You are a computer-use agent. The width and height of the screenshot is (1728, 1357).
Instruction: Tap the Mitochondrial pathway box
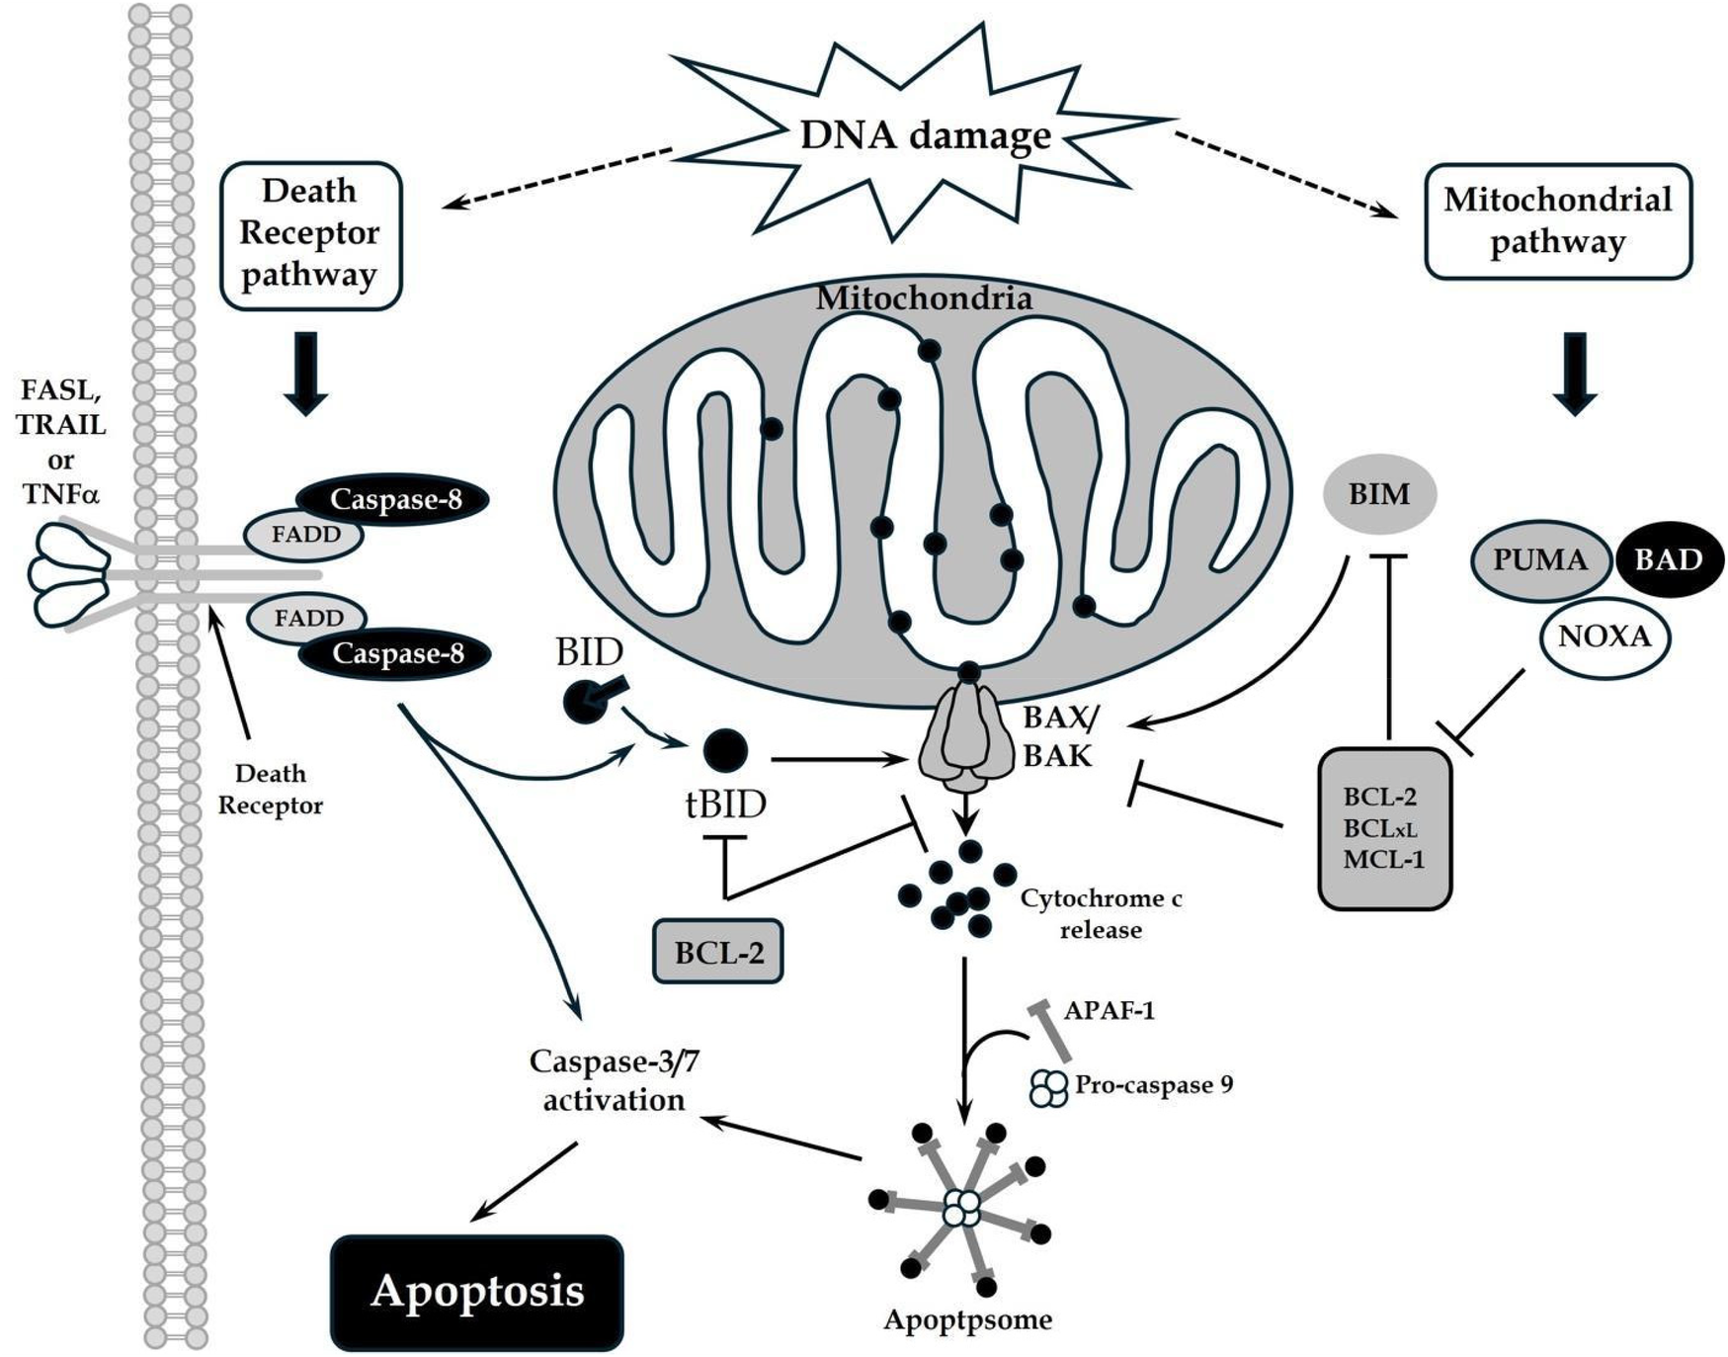tap(1557, 221)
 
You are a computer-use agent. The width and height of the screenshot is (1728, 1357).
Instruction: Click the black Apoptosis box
tap(477, 1291)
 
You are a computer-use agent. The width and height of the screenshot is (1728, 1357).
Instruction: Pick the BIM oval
tap(1379, 494)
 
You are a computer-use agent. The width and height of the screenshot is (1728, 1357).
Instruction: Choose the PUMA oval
tap(1540, 560)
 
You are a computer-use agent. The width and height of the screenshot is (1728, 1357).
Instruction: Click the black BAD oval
tap(1669, 560)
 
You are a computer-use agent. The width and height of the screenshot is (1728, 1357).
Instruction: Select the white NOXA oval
tap(1605, 636)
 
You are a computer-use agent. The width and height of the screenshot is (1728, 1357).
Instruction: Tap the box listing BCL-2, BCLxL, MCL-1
tap(1384, 828)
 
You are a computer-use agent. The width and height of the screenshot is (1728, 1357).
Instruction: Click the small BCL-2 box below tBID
tap(718, 952)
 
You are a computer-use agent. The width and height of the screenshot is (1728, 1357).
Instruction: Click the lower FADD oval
tap(308, 619)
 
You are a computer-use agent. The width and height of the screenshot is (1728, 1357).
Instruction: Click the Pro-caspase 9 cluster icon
tap(1048, 1088)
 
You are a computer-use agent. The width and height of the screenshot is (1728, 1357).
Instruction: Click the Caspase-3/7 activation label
tap(614, 1080)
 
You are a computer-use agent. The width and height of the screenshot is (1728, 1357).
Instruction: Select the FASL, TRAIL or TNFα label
tap(61, 442)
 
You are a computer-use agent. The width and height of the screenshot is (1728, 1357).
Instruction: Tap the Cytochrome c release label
tap(1101, 913)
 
